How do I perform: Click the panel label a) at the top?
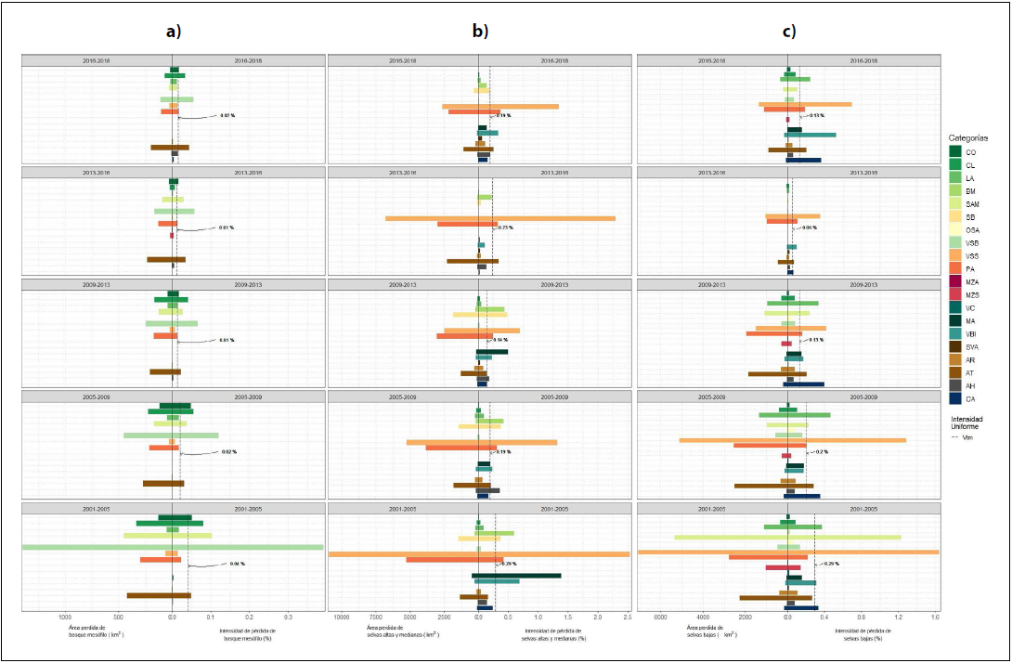pyautogui.click(x=172, y=31)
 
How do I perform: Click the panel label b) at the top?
pyautogui.click(x=479, y=31)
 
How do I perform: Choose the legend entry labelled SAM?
pyautogui.click(x=971, y=203)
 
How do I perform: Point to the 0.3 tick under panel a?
pyautogui.click(x=288, y=617)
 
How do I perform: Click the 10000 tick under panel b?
pyautogui.click(x=341, y=617)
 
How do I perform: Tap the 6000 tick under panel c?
pyautogui.click(x=661, y=617)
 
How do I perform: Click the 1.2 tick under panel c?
pyautogui.click(x=898, y=617)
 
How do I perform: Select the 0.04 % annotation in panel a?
pyautogui.click(x=236, y=564)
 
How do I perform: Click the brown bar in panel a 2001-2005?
pyautogui.click(x=158, y=595)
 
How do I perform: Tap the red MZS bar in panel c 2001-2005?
pyautogui.click(x=782, y=566)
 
